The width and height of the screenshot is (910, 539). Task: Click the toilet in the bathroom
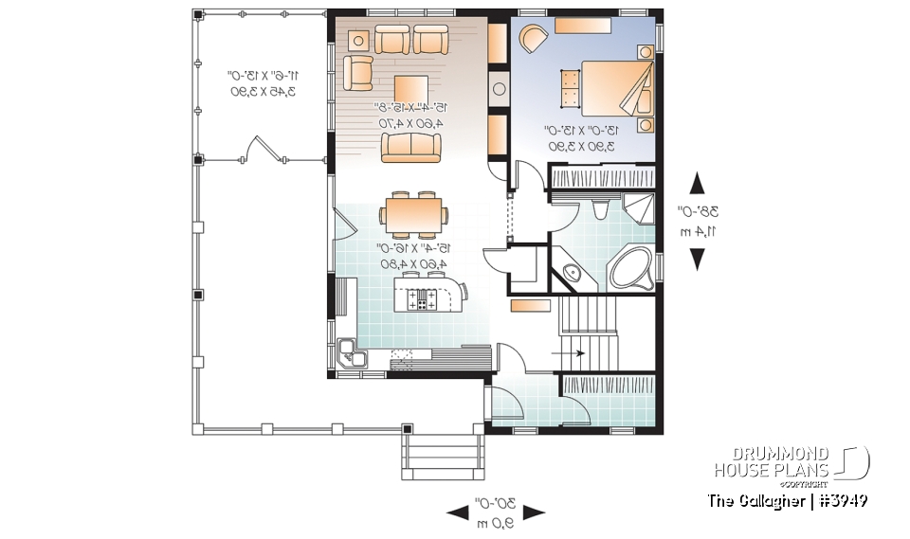coord(598,209)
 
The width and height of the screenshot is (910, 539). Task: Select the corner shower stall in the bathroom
coord(640,207)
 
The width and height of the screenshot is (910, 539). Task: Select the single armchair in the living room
coord(358,72)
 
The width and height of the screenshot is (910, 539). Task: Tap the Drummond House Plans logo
coord(791,462)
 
